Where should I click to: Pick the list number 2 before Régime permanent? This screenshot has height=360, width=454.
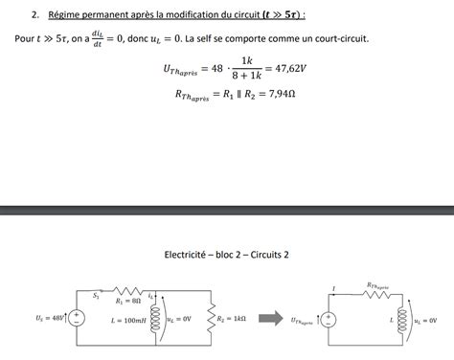[x=34, y=15]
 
